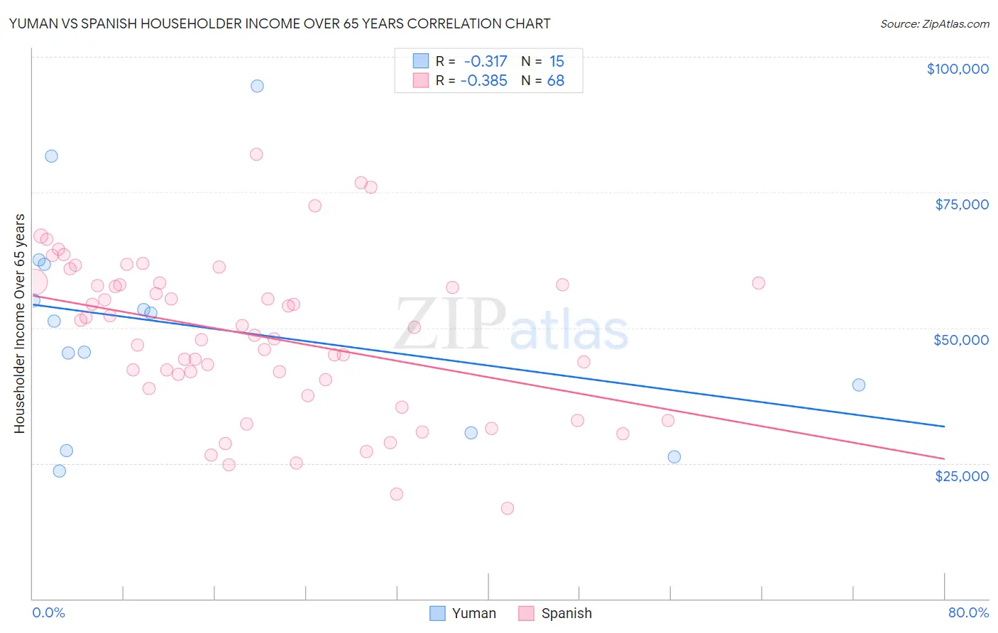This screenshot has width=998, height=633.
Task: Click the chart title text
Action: [x=280, y=23]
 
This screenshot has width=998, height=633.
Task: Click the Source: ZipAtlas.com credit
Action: [x=934, y=23]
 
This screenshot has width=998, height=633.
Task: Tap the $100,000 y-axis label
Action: [x=957, y=69]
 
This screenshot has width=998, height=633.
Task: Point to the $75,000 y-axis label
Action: [x=961, y=204]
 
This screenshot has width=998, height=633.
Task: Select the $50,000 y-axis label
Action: [x=960, y=340]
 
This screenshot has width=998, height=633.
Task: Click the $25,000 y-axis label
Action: [x=961, y=476]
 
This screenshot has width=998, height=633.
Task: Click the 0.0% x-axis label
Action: [x=48, y=612]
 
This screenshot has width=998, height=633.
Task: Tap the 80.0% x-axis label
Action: [x=967, y=612]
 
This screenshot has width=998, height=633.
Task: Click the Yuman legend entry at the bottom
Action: [x=463, y=613]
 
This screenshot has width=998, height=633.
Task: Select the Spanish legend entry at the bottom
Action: [x=555, y=613]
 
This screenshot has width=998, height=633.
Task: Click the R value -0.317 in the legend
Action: [x=485, y=62]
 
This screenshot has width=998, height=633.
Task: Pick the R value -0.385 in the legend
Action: [x=483, y=81]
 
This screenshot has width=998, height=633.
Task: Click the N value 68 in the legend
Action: [x=555, y=81]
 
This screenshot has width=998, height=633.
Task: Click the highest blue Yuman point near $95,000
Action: [x=257, y=86]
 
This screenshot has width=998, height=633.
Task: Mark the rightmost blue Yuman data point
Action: [x=858, y=385]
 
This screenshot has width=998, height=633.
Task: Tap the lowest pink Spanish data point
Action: [x=507, y=508]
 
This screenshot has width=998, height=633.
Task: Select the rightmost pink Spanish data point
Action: [x=758, y=283]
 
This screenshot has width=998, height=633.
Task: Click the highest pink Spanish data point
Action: [x=256, y=155]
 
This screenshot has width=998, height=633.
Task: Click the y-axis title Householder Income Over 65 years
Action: [x=20, y=323]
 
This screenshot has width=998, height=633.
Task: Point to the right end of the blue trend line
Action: [x=943, y=426]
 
